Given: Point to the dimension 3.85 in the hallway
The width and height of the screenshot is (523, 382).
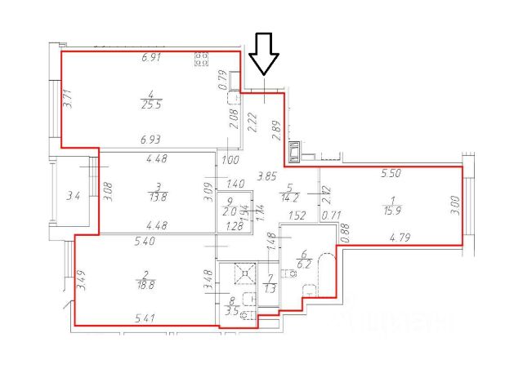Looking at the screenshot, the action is pos(266,175).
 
